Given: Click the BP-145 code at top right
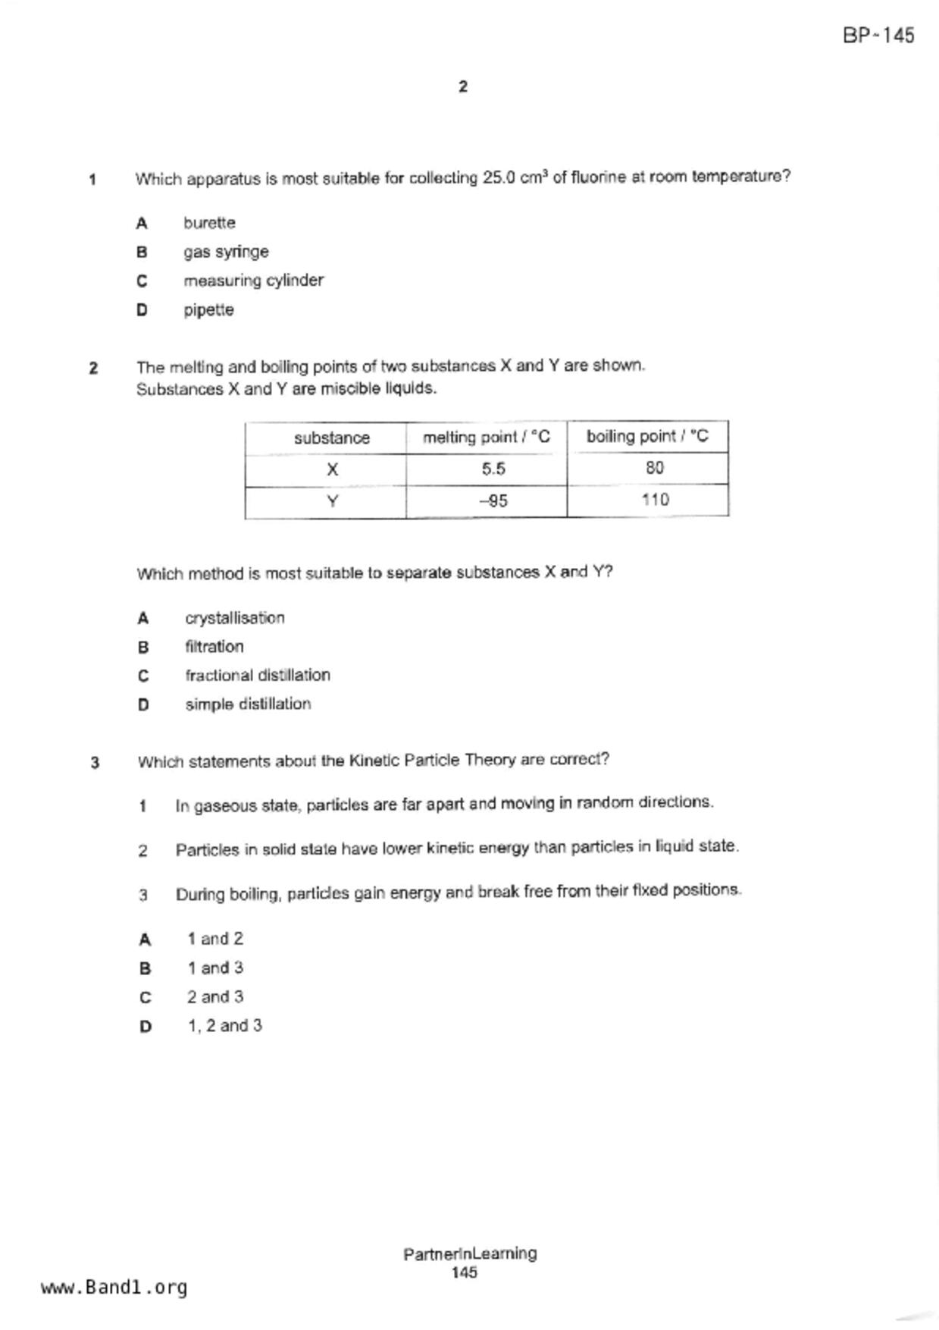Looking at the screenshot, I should coord(878,36).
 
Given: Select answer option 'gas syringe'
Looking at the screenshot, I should coord(225,252).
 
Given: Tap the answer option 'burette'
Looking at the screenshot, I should coord(209,223).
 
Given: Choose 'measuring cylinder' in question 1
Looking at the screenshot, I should coord(253,281).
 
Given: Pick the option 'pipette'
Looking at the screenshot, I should coord(208,310).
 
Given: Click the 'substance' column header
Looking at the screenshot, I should coord(331,438).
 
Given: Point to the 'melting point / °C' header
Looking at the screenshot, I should coord(486,438).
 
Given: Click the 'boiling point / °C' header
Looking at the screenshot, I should coord(647,437).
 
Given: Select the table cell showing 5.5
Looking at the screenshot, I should coord(493,469).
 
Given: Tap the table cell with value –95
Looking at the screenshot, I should coord(493,501).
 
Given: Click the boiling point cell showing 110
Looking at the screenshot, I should coord(655,500).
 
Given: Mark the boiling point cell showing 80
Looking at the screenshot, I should coord(655,468).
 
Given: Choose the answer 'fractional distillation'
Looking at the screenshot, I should coord(258,676).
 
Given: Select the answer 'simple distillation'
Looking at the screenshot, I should coord(248,704).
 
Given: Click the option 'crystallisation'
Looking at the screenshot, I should coord(235,619).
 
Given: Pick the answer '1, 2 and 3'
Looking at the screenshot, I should coord(224,1026).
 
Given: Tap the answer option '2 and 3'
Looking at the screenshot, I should coord(215,997).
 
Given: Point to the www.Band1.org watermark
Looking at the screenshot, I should coord(114,1288).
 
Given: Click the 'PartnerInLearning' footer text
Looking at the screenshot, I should coord(470,1254).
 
